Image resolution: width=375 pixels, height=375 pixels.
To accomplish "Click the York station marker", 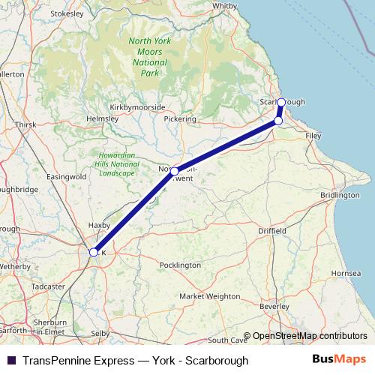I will click(94, 253).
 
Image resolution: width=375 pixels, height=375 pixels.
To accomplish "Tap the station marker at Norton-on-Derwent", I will click(175, 172).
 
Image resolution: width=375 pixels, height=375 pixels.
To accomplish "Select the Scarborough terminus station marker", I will click(281, 102).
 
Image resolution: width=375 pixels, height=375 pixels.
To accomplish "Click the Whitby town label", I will click(225, 5).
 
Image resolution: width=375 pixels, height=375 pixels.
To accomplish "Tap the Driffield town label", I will click(271, 232).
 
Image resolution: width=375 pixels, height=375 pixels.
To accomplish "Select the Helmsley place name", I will click(103, 118).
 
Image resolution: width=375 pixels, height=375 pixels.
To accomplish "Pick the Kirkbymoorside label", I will click(137, 107).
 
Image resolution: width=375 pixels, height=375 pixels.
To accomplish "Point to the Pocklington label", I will click(181, 265).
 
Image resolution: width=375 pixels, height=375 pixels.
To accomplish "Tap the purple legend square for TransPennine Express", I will click(10, 360).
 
